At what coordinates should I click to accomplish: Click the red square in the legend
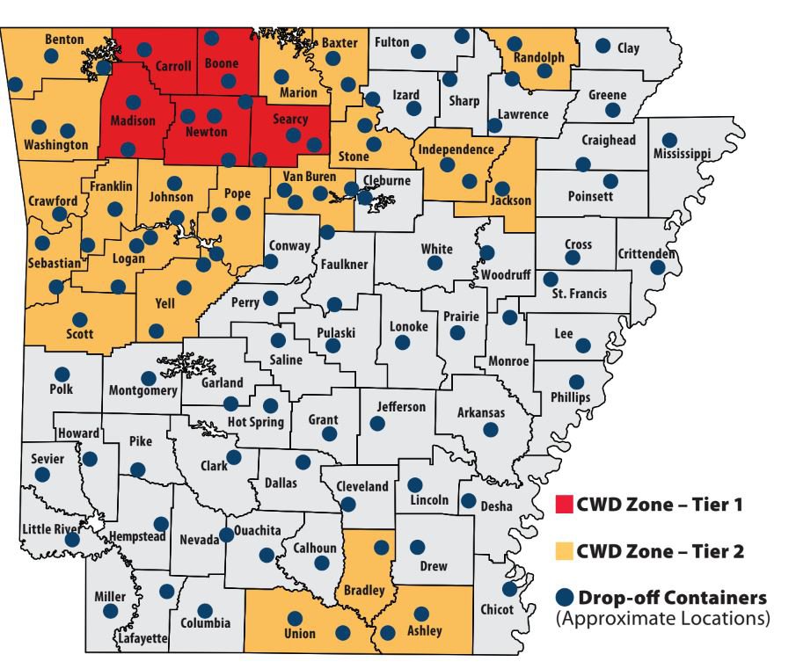pos(564,505)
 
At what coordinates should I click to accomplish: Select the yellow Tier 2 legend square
pos(564,552)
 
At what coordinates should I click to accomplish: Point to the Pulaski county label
pos(336,332)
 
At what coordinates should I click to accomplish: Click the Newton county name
pos(206,132)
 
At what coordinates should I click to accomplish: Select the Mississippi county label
pos(682,154)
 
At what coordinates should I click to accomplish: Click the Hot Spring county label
pos(256,422)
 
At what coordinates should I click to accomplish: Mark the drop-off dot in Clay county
pos(603,46)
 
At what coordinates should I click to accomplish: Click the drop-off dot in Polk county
pos(62,374)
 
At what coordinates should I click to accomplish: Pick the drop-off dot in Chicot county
pos(508,589)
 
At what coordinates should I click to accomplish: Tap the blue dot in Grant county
pos(329,434)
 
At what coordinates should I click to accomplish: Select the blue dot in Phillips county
pos(576,382)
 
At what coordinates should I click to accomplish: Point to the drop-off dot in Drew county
pos(418,547)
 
